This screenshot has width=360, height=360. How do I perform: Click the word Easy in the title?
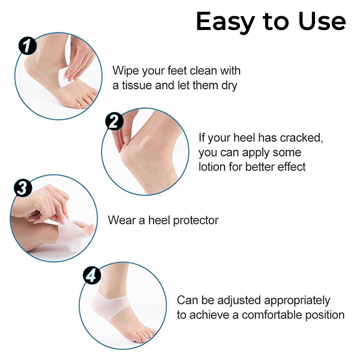(x=226, y=22)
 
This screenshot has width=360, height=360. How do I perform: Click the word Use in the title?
(x=322, y=22)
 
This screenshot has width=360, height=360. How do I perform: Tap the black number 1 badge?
(x=28, y=46)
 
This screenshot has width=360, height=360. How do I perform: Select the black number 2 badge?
(x=114, y=121)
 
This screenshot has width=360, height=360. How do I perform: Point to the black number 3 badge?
(x=23, y=188)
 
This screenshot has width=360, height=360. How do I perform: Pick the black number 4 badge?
(x=92, y=275)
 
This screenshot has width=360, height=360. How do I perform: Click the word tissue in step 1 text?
(x=137, y=85)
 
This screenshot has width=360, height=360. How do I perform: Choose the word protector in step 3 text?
(x=196, y=221)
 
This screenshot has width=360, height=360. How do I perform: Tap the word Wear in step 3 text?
(x=122, y=220)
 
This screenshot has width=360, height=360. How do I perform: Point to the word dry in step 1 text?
(x=229, y=86)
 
